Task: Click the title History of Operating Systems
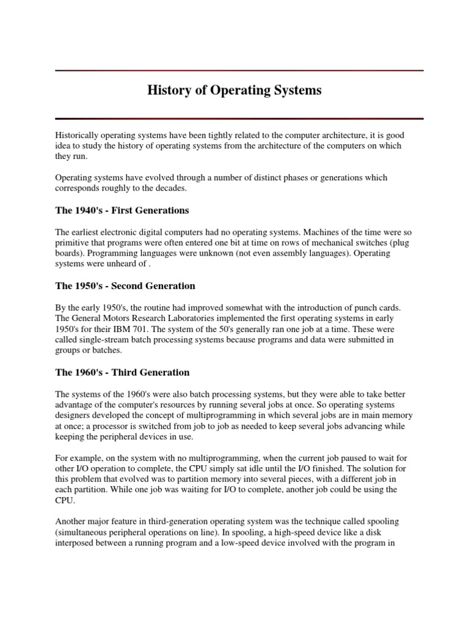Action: pyautogui.click(x=234, y=90)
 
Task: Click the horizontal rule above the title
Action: pyautogui.click(x=239, y=70)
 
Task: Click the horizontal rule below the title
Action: pyautogui.click(x=239, y=118)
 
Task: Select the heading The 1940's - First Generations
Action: pyautogui.click(x=122, y=210)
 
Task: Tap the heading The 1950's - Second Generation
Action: pyautogui.click(x=125, y=285)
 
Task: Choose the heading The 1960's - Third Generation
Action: pyautogui.click(x=122, y=372)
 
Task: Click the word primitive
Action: pyautogui.click(x=73, y=242)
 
